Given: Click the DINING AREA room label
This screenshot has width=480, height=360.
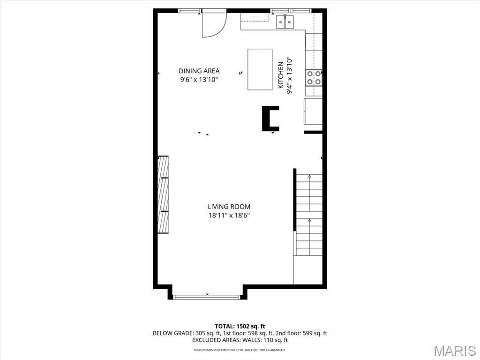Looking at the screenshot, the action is point(199,71).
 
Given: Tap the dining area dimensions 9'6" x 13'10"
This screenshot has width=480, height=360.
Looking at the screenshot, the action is point(199,80).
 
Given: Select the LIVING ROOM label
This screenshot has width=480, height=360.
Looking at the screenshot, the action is point(229,207).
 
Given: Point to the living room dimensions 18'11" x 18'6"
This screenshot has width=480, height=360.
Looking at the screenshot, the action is point(229,215).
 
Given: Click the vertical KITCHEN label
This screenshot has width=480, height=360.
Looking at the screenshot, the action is point(280,75).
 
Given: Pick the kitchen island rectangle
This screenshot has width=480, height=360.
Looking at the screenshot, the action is point(260,69).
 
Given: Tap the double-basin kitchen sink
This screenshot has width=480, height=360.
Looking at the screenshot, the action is point(285,22).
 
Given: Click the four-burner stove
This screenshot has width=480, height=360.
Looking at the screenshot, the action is point(314,78).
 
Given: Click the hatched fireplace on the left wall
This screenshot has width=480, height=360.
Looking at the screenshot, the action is point(163,195).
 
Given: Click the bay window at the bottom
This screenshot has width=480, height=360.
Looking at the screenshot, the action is point(207,297).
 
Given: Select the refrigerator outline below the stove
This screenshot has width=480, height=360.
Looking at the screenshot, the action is point(313,111).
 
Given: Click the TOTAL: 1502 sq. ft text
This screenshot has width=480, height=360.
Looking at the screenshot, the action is point(240,326).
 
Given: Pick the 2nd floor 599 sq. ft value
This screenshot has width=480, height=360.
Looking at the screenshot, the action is point(315,333).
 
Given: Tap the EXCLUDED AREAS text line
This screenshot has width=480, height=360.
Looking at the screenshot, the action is point(240,340).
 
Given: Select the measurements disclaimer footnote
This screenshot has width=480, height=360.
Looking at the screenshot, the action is point(240,350).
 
